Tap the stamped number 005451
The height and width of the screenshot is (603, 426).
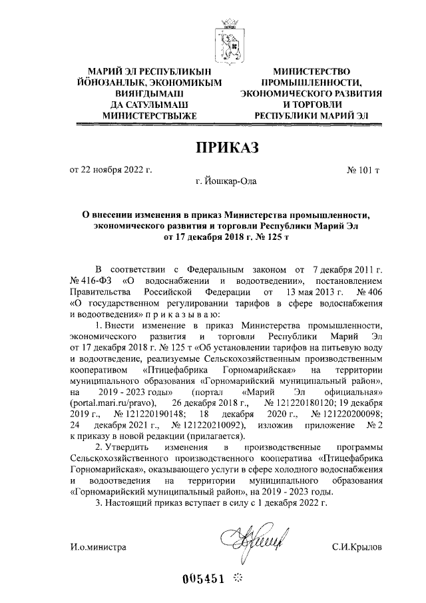click(x=207, y=577)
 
